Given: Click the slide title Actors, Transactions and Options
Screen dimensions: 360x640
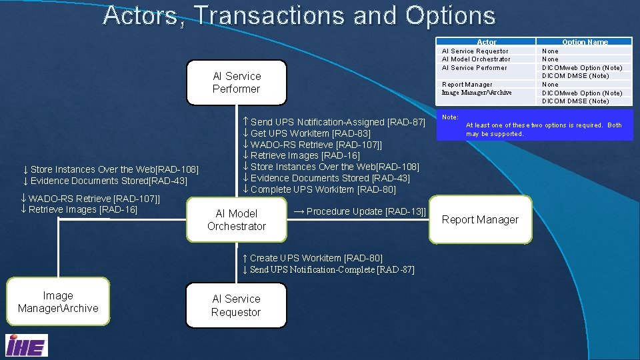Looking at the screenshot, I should [299, 16].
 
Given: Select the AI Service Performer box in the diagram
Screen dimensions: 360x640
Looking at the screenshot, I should [236, 83].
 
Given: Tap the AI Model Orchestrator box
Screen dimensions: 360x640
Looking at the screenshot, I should [236, 220].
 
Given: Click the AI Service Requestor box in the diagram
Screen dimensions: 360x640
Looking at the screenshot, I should [236, 305].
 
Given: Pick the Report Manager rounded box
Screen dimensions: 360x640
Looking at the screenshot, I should [480, 219].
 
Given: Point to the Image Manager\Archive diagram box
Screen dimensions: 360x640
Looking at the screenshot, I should [58, 302].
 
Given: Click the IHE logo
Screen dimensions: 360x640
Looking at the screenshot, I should [26, 345].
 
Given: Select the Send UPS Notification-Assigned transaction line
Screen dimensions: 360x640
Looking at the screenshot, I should [333, 122].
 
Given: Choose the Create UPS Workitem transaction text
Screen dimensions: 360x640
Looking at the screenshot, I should [312, 258].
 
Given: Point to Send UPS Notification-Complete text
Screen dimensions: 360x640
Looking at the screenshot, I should [327, 269].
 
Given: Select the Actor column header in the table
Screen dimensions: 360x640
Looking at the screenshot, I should [487, 42].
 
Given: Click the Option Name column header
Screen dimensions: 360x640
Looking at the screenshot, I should [585, 42].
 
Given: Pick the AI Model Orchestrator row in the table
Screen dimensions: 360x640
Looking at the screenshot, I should [476, 59].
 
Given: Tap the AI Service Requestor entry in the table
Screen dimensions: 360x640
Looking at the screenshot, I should [475, 51].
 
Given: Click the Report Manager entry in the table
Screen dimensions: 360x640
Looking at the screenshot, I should [467, 84].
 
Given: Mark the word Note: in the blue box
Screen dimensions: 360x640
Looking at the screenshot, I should [450, 117].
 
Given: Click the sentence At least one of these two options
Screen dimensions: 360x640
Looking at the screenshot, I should [543, 129].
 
